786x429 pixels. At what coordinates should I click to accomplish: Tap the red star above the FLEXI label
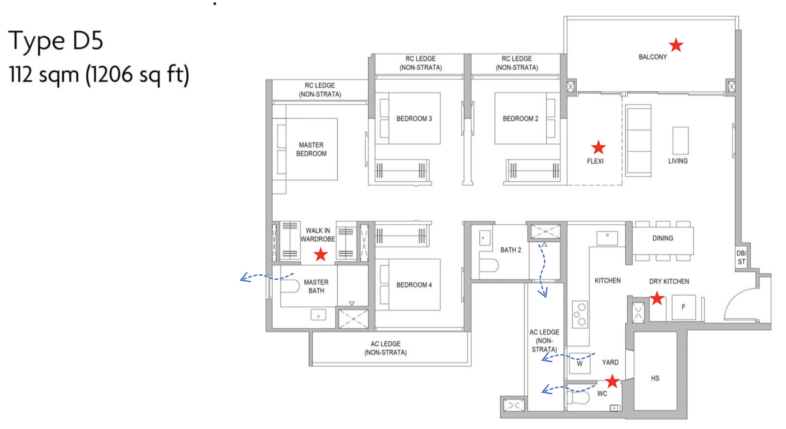tap(598, 147)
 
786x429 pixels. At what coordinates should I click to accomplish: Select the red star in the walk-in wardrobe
tap(321, 254)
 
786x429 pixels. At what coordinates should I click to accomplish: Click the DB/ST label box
tap(741, 258)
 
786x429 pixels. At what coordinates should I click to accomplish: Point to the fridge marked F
tap(683, 307)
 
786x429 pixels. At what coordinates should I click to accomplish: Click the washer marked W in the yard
tap(580, 363)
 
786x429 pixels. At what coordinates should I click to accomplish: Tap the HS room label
tap(655, 378)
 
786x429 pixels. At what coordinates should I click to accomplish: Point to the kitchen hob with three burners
tap(580, 314)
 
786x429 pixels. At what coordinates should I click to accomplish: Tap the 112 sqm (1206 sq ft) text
tap(99, 75)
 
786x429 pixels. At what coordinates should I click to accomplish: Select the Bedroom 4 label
tap(414, 285)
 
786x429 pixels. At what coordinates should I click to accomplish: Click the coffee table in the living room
tap(680, 140)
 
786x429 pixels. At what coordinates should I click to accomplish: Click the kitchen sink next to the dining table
tap(607, 237)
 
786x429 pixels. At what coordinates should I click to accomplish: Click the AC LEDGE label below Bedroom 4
tap(385, 348)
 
